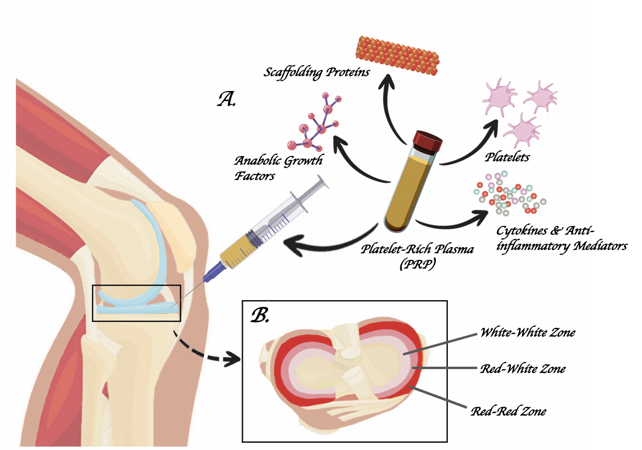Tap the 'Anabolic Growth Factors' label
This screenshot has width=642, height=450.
pyautogui.click(x=278, y=168)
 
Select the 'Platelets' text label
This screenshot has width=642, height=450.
pyautogui.click(x=507, y=157)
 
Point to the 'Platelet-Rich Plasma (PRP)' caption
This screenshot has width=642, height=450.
pyautogui.click(x=417, y=256)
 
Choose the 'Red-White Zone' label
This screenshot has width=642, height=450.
pyautogui.click(x=523, y=369)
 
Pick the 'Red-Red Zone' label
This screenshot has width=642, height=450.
pyautogui.click(x=508, y=411)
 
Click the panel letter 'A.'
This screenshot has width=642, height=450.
pyautogui.click(x=226, y=100)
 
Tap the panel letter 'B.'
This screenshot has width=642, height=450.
pyautogui.click(x=260, y=315)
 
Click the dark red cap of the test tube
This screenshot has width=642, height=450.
pyautogui.click(x=427, y=141)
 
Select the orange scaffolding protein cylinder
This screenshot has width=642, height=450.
pyautogui.click(x=398, y=56)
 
